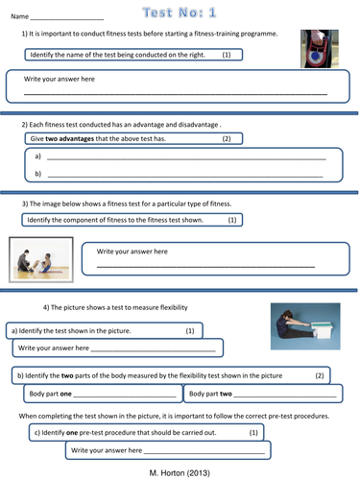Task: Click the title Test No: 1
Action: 180,12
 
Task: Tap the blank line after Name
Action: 67,20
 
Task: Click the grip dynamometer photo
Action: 320,49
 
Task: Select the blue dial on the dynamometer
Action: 315,56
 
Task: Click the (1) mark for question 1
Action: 227,55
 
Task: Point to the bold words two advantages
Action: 70,138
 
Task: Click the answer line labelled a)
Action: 186,159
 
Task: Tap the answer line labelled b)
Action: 185,177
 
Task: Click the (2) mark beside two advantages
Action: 227,138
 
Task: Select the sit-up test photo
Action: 41,259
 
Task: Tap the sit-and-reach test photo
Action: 305,326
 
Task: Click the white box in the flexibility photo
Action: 322,330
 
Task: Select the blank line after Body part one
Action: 125,396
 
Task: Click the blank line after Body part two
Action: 285,396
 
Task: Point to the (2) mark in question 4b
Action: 320,375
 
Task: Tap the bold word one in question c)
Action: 72,433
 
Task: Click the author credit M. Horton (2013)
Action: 180,473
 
